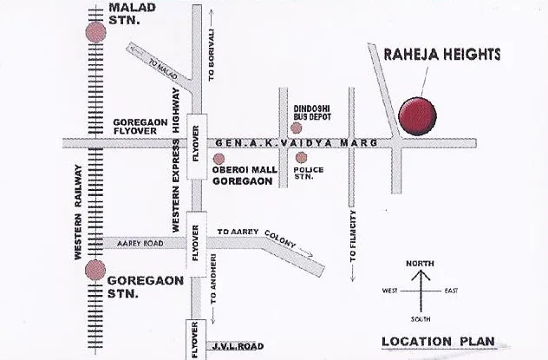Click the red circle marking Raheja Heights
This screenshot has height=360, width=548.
coord(417,116)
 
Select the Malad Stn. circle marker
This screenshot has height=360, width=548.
coord(95,32)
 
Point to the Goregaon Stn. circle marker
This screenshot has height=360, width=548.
coord(95,271)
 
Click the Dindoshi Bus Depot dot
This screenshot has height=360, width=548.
coord(297,128)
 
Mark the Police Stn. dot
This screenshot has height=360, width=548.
coord(301,157)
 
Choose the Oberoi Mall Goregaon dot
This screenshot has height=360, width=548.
coord(219,159)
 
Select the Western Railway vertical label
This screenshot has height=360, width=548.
coord(78,212)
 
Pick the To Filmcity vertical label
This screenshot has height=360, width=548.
coord(352,236)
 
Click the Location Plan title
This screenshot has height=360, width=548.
coord(441,342)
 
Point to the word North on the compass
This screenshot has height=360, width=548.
coord(421,264)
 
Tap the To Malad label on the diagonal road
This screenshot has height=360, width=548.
coord(163,71)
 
